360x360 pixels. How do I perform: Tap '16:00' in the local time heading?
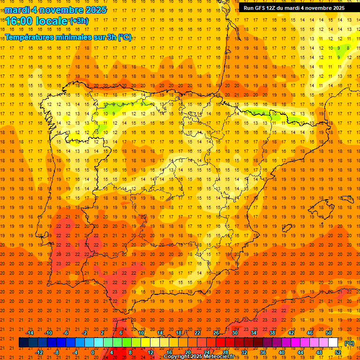19,21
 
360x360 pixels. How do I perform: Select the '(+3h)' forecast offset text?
78,21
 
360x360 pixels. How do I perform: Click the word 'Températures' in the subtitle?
30,37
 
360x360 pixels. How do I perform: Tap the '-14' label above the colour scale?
30,333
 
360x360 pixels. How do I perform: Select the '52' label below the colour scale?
338,352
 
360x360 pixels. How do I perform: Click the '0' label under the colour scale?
92,352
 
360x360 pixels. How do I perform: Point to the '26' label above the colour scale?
216,333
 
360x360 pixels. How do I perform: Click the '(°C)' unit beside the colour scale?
349,343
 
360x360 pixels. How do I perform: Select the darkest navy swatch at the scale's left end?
23,343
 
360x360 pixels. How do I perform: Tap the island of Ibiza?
287,228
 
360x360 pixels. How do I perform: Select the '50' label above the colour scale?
329,333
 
